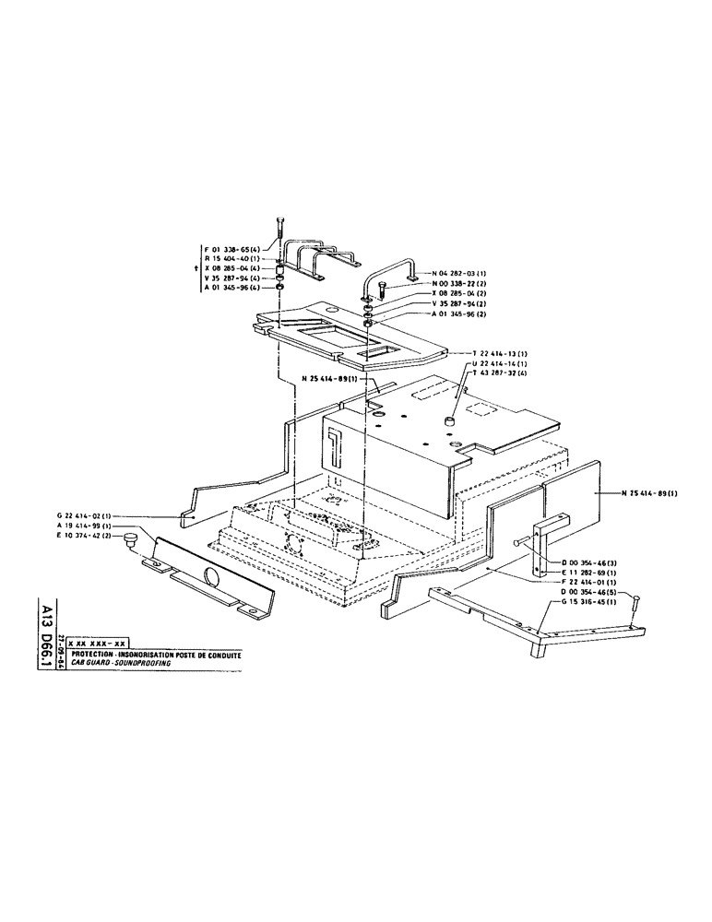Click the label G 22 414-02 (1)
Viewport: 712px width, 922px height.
point(84,515)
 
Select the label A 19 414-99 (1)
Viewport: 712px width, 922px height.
point(84,526)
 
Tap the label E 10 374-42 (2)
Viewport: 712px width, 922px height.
point(84,536)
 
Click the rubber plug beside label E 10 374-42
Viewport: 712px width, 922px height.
point(132,536)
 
